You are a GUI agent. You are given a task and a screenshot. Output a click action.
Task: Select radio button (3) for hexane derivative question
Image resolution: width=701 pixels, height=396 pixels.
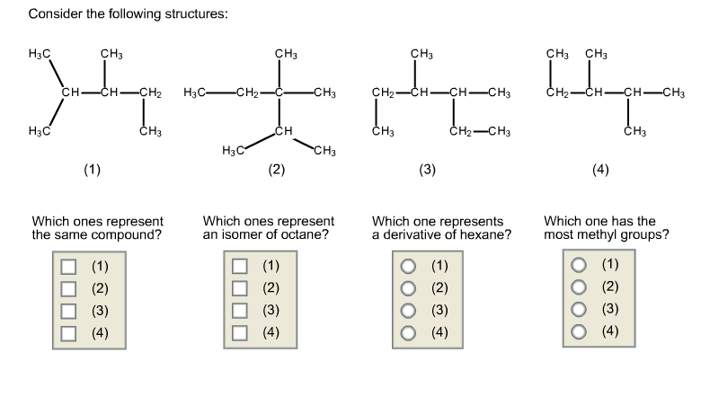410,311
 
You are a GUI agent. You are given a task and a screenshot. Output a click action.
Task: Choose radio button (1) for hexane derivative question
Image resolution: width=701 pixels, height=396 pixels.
410,267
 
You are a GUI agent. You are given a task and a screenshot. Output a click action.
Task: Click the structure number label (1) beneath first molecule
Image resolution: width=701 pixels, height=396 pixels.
92,170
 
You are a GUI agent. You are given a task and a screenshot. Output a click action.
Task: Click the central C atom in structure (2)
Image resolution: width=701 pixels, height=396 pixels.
280,92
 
